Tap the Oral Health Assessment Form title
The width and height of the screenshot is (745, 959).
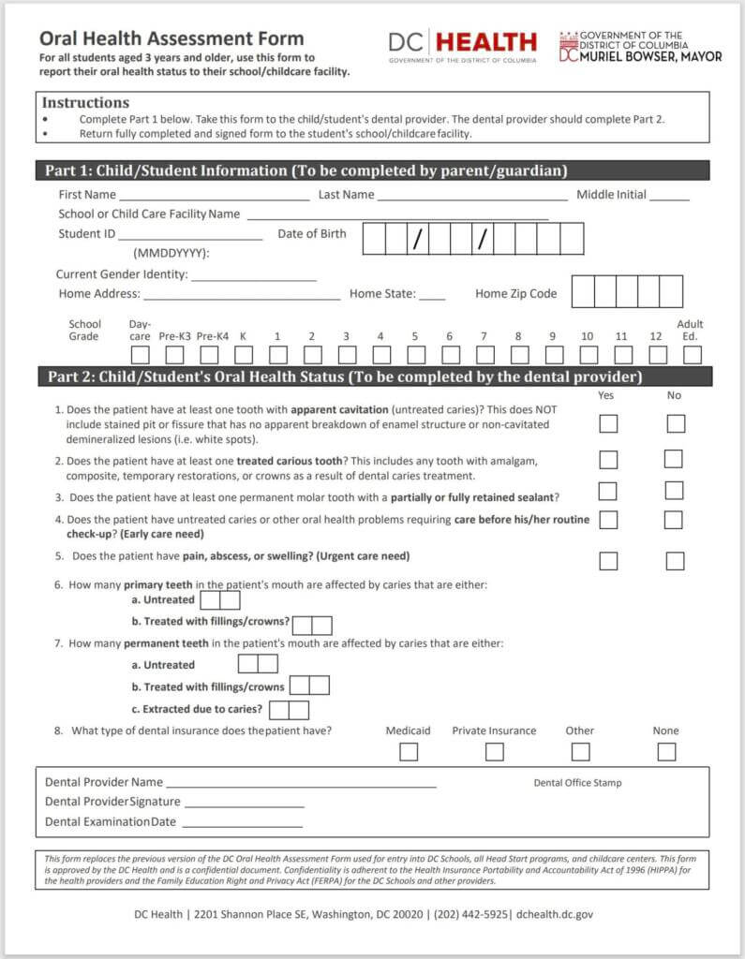(x=171, y=38)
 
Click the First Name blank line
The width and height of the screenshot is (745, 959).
(x=213, y=197)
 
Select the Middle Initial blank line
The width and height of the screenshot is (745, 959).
(x=668, y=197)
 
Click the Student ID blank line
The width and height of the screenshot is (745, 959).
(x=190, y=236)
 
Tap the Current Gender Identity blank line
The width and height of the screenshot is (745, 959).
(x=253, y=277)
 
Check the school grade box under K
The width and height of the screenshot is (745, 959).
(x=244, y=355)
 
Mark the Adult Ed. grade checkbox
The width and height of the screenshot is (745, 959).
(x=692, y=355)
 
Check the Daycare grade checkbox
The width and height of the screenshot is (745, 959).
(x=140, y=355)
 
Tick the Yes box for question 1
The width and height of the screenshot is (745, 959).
(x=608, y=423)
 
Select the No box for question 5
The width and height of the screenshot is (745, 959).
(x=675, y=561)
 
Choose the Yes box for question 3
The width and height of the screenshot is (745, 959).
(x=608, y=491)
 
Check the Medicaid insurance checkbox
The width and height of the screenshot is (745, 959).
(x=409, y=751)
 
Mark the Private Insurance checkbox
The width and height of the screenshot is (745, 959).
(x=494, y=751)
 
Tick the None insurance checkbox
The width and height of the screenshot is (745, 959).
(x=666, y=751)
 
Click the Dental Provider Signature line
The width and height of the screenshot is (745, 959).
(x=244, y=804)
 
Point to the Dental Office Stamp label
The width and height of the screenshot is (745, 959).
(x=577, y=783)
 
